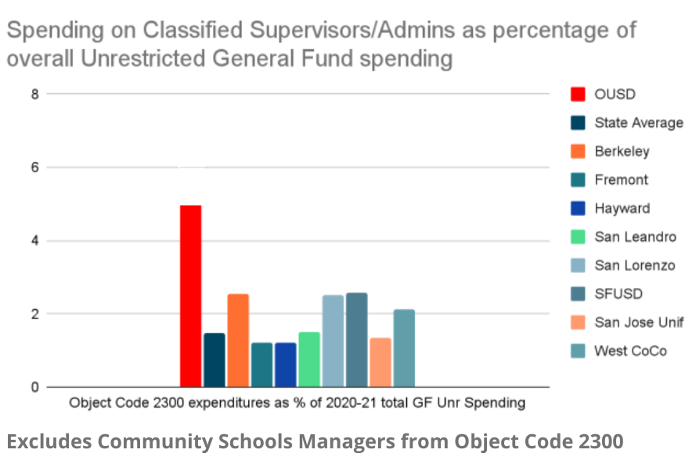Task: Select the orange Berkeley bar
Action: [238, 340]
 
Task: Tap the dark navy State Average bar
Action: [215, 360]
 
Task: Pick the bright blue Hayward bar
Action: [286, 365]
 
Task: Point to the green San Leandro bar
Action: [309, 359]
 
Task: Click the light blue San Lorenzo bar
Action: [333, 341]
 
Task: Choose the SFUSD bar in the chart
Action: [356, 340]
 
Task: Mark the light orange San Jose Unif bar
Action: [380, 362]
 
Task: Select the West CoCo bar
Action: [404, 348]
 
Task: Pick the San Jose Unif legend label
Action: [639, 322]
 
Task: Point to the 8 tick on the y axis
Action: [33, 94]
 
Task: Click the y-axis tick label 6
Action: [33, 167]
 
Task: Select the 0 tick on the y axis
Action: [33, 387]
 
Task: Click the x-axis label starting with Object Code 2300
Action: [297, 404]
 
